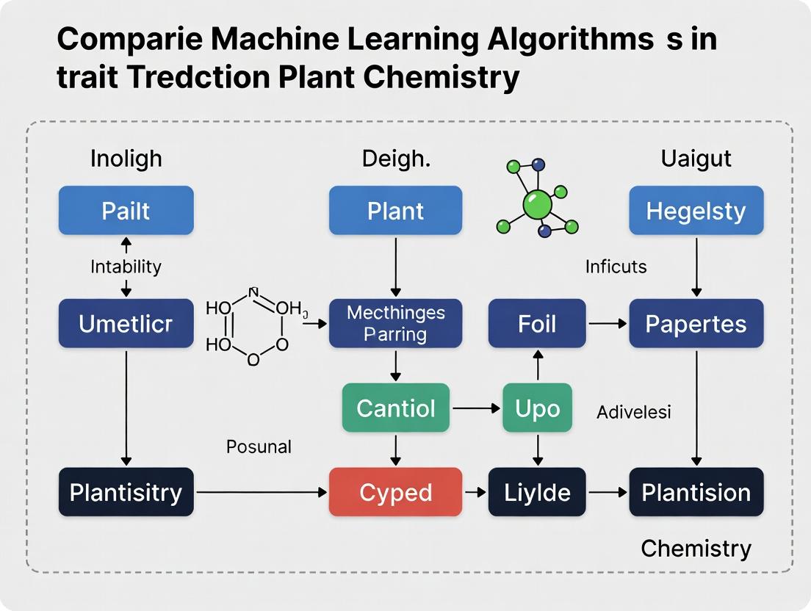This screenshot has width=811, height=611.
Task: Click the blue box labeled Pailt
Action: tap(126, 211)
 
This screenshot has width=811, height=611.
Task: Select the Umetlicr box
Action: tap(126, 324)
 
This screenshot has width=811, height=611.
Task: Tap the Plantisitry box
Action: tap(126, 492)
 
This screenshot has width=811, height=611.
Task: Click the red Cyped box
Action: tap(395, 492)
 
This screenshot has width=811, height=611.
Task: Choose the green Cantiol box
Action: tap(395, 408)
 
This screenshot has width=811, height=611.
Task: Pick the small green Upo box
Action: tap(537, 408)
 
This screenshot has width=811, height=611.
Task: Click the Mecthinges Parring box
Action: tap(395, 324)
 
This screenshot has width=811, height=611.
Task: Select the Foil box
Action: tap(537, 324)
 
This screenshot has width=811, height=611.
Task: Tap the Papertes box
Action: tap(696, 324)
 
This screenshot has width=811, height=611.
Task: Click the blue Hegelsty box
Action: tap(696, 211)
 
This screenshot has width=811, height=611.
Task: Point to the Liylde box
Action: tap(537, 492)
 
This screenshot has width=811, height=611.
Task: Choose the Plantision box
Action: tap(696, 492)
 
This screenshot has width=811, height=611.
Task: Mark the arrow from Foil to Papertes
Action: tap(607, 323)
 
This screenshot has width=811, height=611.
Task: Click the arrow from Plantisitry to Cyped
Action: tap(261, 492)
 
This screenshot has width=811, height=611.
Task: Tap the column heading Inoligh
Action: tap(126, 159)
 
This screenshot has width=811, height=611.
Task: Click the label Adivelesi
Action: tap(633, 412)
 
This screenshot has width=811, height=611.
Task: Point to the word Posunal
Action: tap(258, 446)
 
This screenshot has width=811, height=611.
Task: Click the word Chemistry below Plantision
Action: tap(696, 548)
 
